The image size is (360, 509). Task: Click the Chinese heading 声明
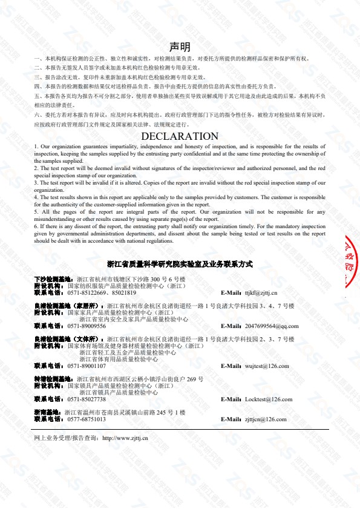[180, 47]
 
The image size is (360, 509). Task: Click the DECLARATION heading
[179, 136]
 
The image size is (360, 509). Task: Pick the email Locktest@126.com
[268, 399]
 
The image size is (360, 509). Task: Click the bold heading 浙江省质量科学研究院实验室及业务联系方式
[180, 264]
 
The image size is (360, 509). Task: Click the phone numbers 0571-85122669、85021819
[97, 293]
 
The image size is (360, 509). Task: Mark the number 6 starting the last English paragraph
[36, 226]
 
